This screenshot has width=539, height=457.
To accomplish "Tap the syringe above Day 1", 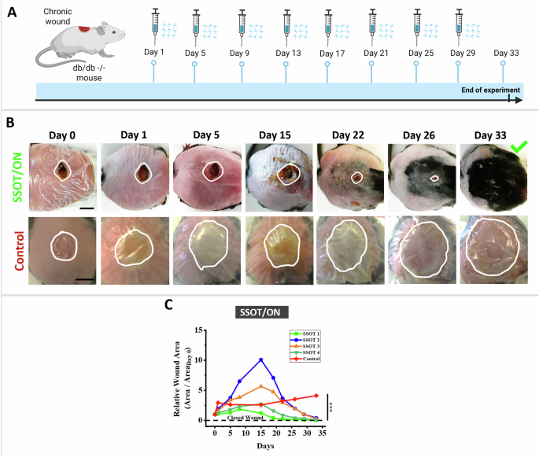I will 154,22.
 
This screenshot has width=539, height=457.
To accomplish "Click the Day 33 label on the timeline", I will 505,53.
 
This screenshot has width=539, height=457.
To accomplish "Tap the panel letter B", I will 9,123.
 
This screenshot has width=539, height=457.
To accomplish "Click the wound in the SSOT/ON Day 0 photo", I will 62,171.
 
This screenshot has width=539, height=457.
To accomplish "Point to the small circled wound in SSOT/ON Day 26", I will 434,179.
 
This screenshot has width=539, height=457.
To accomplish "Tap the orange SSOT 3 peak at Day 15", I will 260,385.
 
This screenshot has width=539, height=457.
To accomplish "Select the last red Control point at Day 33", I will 316,396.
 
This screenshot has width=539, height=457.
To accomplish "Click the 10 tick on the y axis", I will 203,359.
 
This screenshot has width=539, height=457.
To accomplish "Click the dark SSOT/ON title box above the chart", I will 260,313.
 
